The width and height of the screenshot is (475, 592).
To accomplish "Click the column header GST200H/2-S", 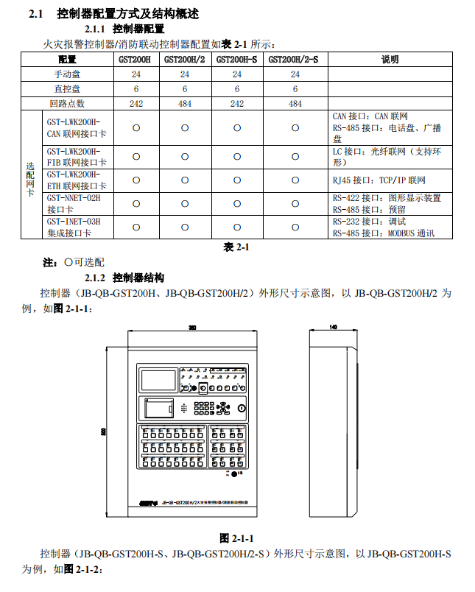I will [x=295, y=60].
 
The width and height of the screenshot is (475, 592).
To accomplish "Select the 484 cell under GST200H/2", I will [x=185, y=104].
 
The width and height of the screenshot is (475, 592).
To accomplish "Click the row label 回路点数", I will [x=68, y=104].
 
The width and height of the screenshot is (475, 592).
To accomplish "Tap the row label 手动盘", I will [x=68, y=74].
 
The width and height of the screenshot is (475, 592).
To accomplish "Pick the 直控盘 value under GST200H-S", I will [x=237, y=89].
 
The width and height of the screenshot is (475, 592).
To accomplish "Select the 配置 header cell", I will [x=68, y=60].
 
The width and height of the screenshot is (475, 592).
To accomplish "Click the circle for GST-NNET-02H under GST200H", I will [x=136, y=204].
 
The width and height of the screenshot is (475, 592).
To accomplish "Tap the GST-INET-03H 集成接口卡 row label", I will [x=73, y=227].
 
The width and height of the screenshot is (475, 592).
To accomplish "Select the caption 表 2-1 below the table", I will [x=237, y=247].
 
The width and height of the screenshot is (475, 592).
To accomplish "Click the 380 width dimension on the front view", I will [x=192, y=327].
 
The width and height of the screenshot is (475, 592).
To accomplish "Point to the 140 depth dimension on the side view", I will [x=333, y=327].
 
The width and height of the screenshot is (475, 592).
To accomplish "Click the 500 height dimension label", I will [x=104, y=431].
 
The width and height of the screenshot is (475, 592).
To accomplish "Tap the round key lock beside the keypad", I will [x=241, y=409].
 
